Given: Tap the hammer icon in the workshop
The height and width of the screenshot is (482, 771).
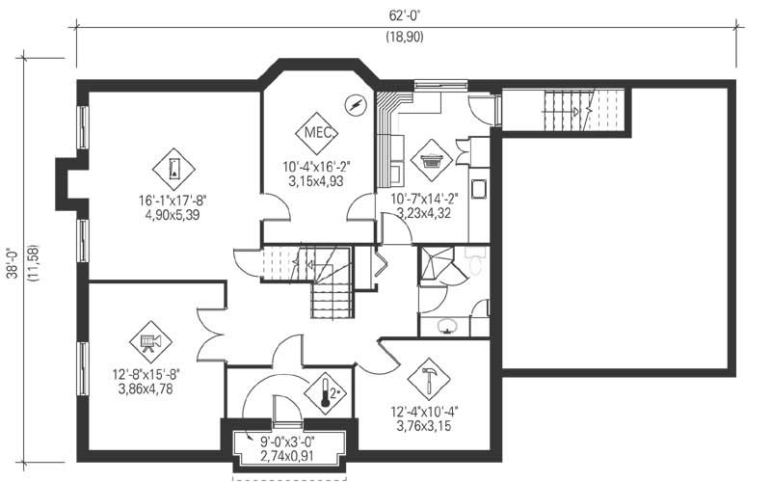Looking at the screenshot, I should (425, 372).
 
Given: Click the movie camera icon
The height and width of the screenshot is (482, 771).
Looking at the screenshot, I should (149, 339).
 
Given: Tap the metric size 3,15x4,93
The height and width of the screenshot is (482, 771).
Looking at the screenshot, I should (315, 179).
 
